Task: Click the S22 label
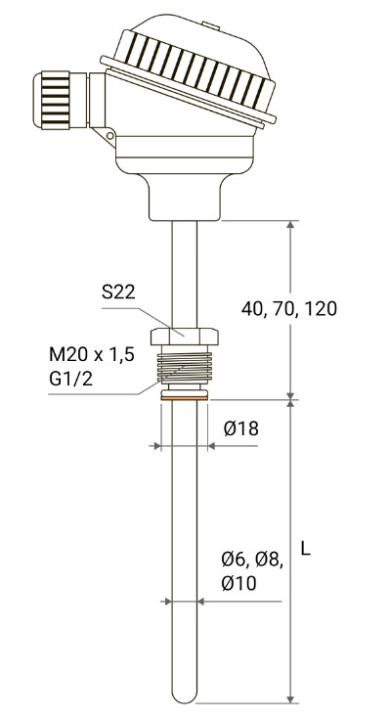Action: pos(118,292)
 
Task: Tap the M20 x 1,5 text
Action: pos(92,354)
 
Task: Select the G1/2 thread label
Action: pos(70,379)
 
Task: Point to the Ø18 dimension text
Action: pos(241,428)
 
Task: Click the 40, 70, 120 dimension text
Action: pos(289,309)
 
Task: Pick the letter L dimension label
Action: pos(306,548)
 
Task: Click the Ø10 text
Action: pos(238,583)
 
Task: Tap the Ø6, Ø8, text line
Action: pos(252,560)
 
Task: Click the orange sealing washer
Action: pos(184,398)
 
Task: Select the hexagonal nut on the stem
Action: pos(184,337)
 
